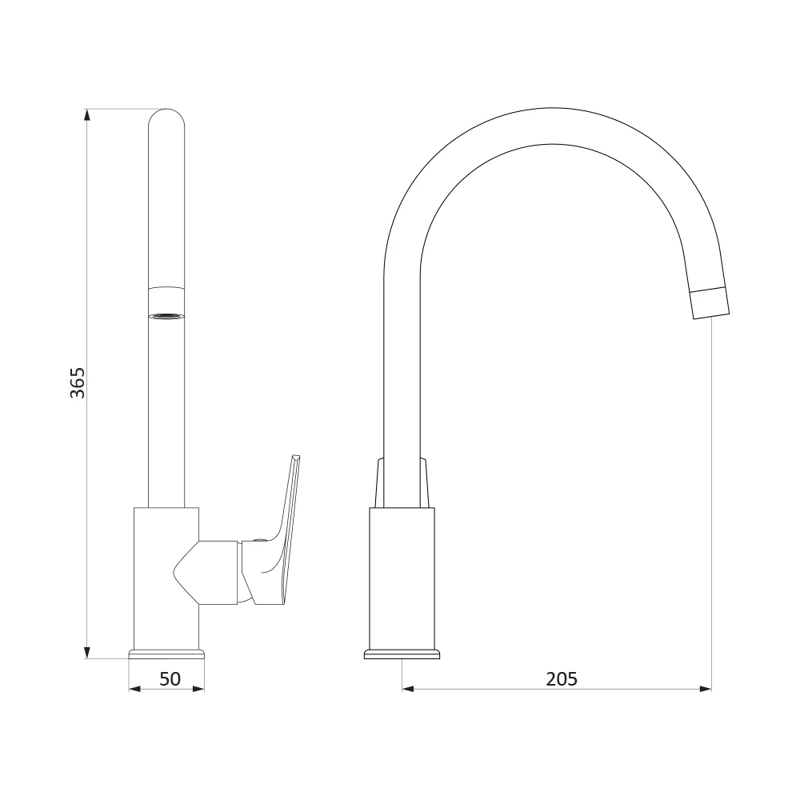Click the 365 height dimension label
click(x=78, y=382)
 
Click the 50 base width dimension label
click(x=170, y=679)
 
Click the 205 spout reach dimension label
click(x=562, y=679)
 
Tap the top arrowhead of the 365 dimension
click(x=87, y=114)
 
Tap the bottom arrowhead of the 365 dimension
click(x=87, y=653)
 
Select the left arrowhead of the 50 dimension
click(x=134, y=690)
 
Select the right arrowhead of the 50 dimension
click(x=198, y=690)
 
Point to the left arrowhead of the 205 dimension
click(x=408, y=690)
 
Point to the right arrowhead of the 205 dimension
click(x=706, y=690)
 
